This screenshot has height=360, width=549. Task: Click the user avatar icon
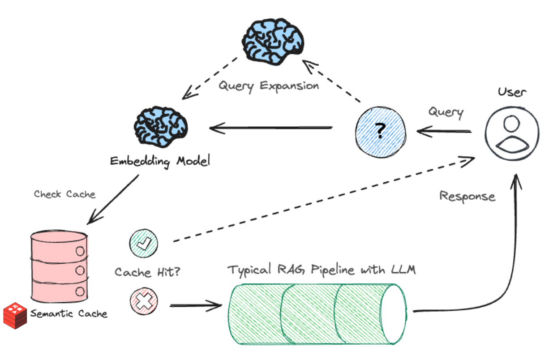coord(511,133)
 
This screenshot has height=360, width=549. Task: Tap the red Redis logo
coord(15,316)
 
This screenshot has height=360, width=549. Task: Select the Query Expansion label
coord(269,85)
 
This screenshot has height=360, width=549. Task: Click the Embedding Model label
coord(160,161)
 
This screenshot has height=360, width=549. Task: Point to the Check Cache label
coord(64,194)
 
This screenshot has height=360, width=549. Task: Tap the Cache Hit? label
coord(147,272)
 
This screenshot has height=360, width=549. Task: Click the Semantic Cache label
coord(69,313)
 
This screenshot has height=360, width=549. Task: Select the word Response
coord(467,196)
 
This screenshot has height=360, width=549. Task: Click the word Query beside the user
coord(446,111)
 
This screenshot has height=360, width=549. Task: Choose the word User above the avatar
coord(512,93)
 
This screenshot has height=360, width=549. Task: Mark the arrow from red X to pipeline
coord(196,306)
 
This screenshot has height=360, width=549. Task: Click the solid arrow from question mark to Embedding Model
coord(271,129)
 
